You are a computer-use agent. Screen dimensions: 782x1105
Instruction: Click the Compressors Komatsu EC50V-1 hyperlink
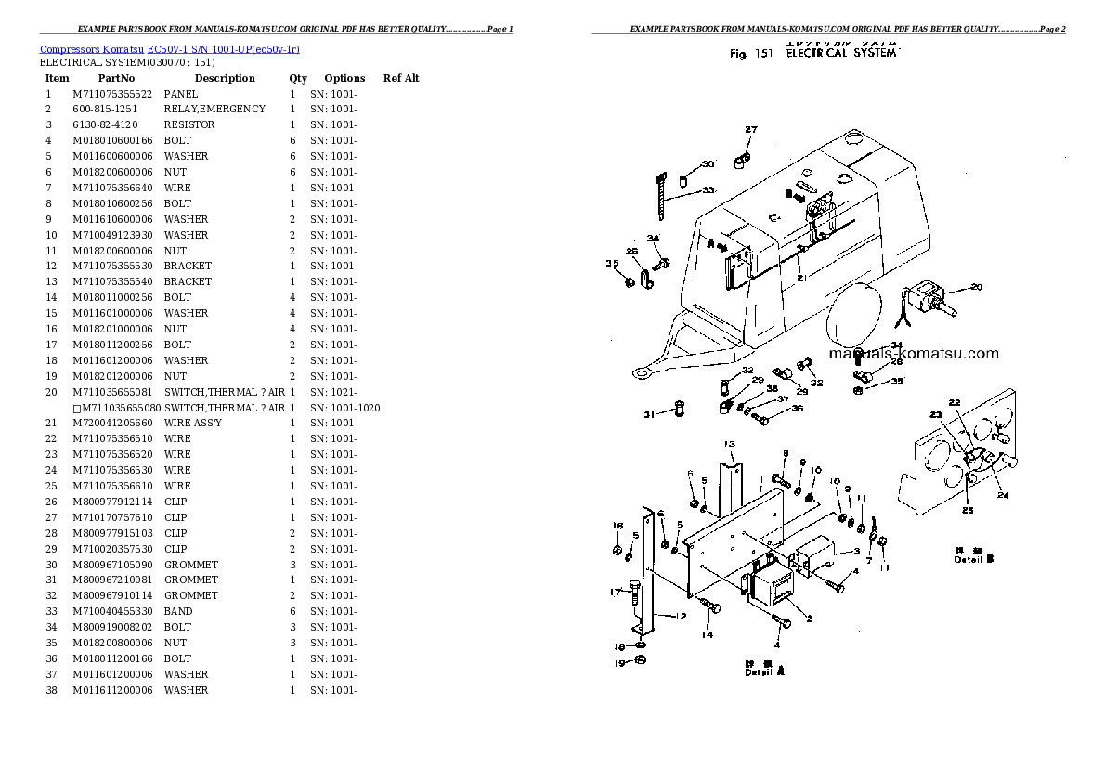pyautogui.click(x=169, y=48)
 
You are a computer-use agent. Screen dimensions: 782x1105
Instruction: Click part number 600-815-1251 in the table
pyautogui.click(x=105, y=109)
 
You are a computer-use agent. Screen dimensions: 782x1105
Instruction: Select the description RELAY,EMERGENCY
pyautogui.click(x=214, y=109)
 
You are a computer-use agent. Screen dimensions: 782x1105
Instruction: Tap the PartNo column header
pyautogui.click(x=116, y=79)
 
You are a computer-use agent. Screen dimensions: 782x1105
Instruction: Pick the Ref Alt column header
pyautogui.click(x=401, y=79)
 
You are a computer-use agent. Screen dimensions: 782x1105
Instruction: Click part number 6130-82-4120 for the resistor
pyautogui.click(x=105, y=124)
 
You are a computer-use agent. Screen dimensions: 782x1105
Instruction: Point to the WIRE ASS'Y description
pyautogui.click(x=193, y=423)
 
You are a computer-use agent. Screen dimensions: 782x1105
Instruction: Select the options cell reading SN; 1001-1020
pyautogui.click(x=344, y=408)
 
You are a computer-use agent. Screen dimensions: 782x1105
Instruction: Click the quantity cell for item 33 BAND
pyautogui.click(x=292, y=611)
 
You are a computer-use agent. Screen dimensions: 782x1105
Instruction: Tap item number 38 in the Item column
pyautogui.click(x=51, y=690)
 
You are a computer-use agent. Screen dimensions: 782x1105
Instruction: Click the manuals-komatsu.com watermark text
pyautogui.click(x=913, y=353)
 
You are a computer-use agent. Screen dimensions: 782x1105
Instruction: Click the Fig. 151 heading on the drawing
pyautogui.click(x=751, y=55)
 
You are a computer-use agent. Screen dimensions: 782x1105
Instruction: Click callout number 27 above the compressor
pyautogui.click(x=751, y=130)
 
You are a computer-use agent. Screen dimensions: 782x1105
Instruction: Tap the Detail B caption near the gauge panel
pyautogui.click(x=975, y=557)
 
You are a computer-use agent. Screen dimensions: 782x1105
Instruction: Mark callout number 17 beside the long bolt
pyautogui.click(x=615, y=592)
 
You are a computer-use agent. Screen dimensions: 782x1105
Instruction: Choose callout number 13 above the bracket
pyautogui.click(x=730, y=444)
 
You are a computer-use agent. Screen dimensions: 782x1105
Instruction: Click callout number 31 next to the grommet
pyautogui.click(x=650, y=415)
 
